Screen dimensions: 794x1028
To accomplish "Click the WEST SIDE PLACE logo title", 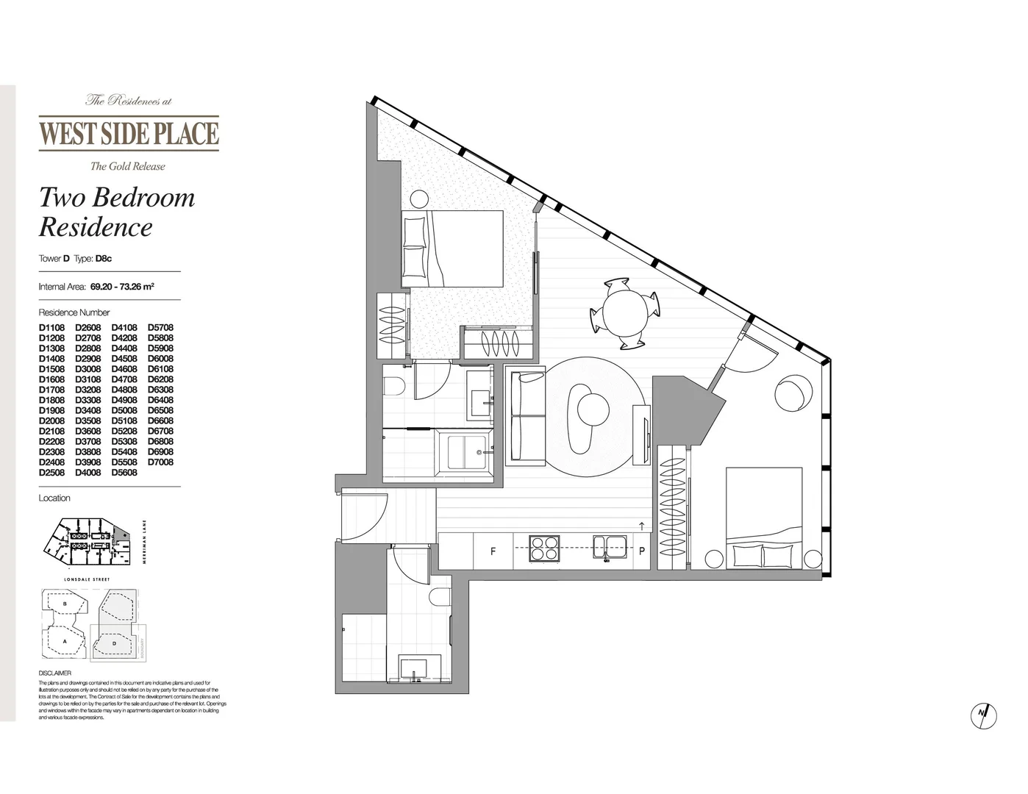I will [129, 133].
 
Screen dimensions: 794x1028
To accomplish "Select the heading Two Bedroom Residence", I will [116, 212].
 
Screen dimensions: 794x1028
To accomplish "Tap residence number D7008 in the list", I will [160, 462].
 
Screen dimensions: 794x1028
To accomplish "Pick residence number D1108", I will [51, 328].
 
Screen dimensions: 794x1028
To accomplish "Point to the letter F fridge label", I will [493, 551].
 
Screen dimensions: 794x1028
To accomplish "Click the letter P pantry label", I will [641, 551].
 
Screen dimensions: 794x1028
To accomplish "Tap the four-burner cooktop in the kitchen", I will [545, 549].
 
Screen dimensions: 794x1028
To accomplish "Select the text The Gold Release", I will [127, 166].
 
